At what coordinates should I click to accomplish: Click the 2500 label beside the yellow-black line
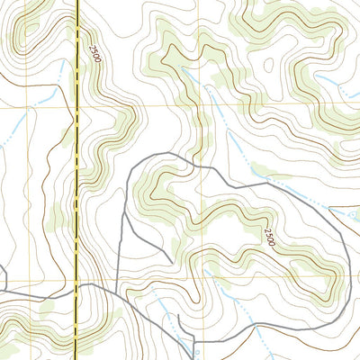[x=94, y=53]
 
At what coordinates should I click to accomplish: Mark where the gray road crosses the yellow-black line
[x=78, y=290]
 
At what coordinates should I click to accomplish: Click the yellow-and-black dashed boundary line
[x=77, y=180]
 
